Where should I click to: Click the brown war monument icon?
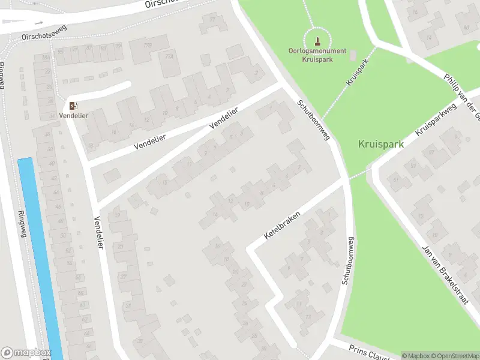317,41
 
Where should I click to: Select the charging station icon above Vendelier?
73,105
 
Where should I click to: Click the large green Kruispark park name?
380,144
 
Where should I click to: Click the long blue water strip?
40,258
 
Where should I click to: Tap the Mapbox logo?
26,353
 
